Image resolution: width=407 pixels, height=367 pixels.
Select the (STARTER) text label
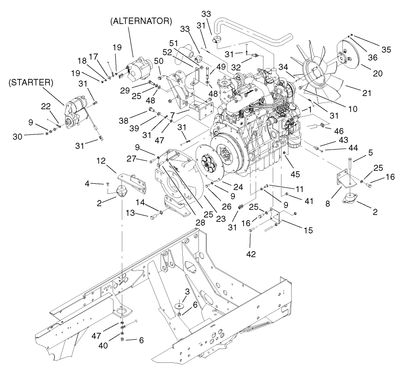30,83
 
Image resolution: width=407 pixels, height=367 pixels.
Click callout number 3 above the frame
186,291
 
